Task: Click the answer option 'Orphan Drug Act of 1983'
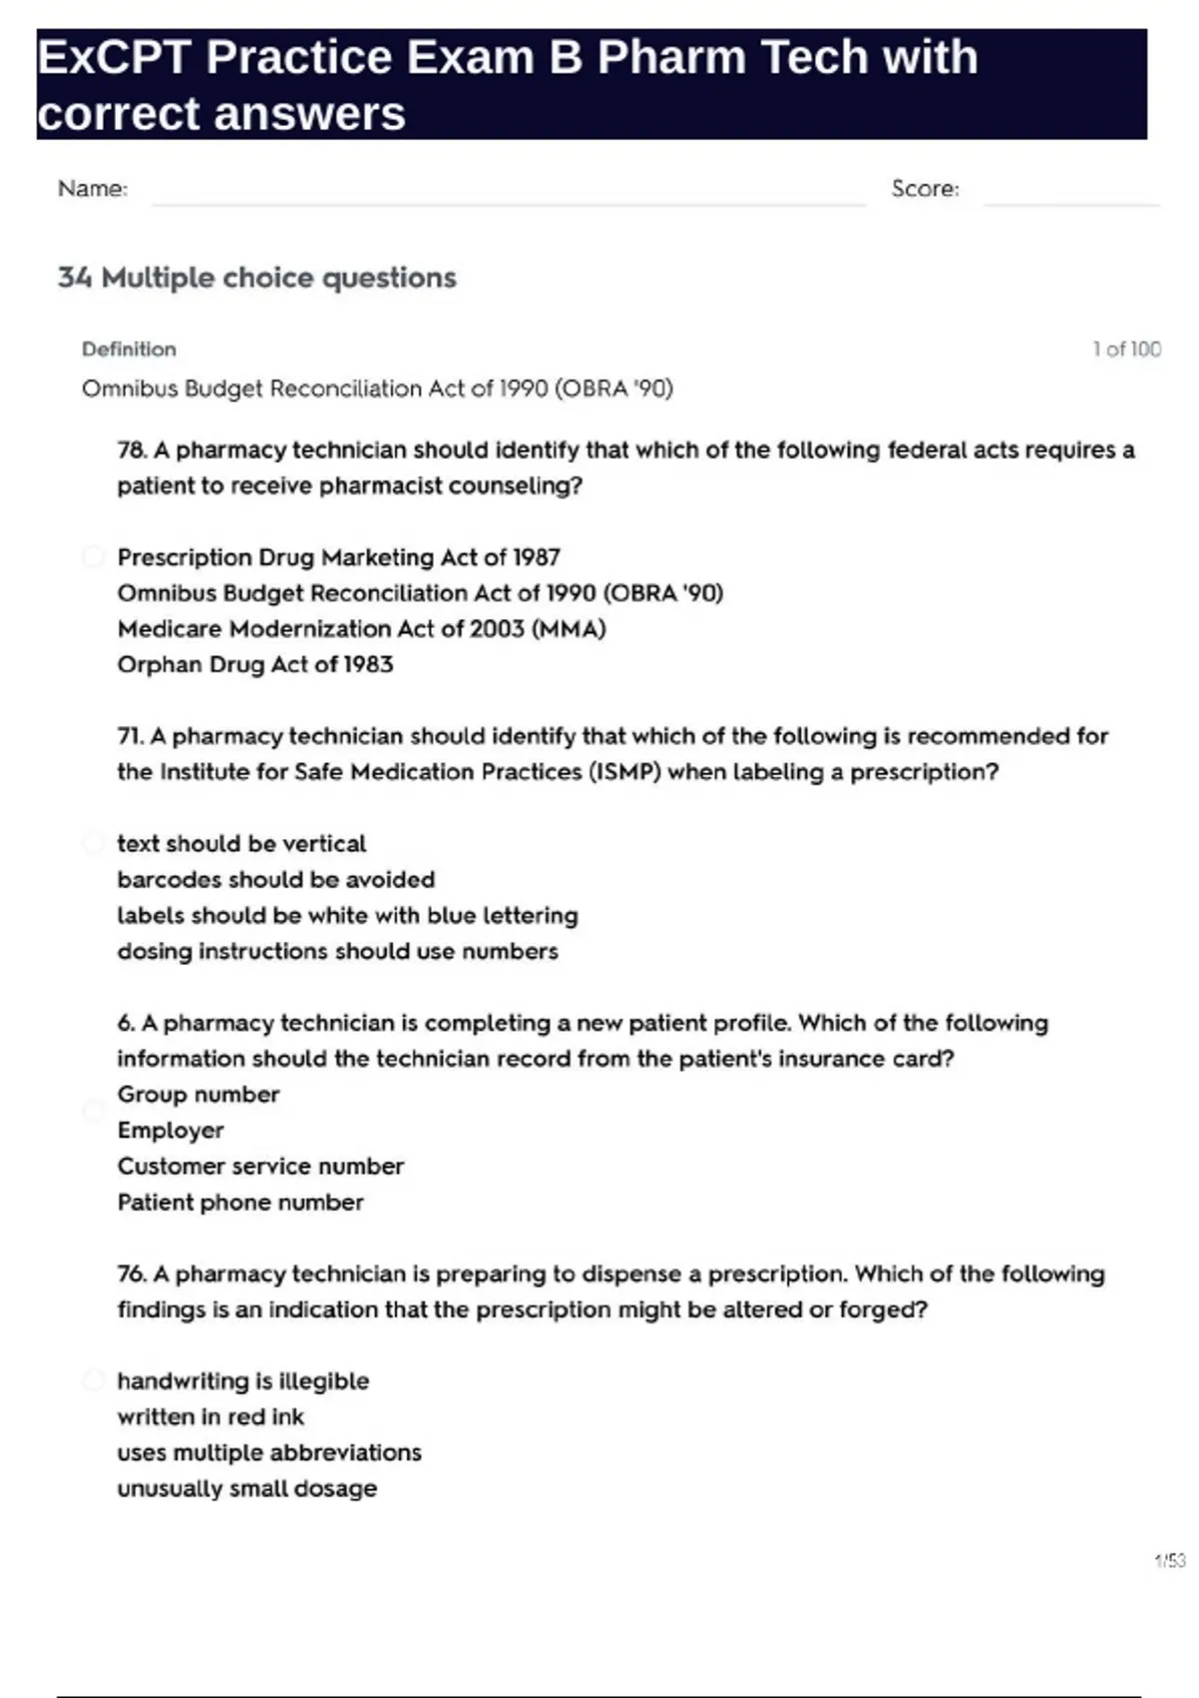pos(255,664)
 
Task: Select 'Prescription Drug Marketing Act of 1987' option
pos(338,557)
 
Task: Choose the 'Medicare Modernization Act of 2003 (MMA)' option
pos(361,629)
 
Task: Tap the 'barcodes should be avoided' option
pos(276,880)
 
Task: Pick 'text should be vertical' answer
pos(241,844)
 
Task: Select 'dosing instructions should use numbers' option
pos(337,951)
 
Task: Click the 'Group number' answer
pos(198,1095)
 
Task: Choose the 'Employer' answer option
pos(170,1131)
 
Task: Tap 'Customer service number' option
pos(260,1167)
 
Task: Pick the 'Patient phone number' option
pos(240,1203)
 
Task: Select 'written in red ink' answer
pos(210,1417)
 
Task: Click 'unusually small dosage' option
pos(247,1489)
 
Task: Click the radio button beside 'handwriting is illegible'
pos(93,1381)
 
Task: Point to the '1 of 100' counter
pos(1126,350)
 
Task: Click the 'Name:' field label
pos(93,189)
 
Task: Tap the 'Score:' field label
pos(924,189)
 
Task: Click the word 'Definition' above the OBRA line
pos(129,350)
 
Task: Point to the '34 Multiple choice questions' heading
pos(257,278)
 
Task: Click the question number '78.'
pos(132,450)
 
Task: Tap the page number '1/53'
pos(1169,1560)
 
